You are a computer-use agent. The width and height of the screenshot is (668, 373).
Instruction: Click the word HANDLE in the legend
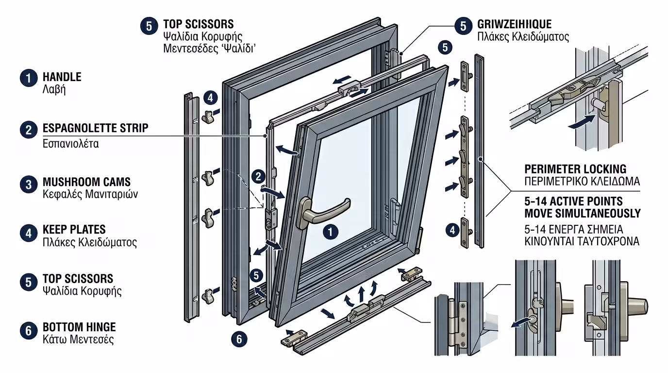(x=62, y=77)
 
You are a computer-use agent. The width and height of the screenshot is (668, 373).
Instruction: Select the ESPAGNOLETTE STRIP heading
(x=95, y=128)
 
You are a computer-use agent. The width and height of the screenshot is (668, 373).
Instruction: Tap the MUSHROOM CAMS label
(x=86, y=182)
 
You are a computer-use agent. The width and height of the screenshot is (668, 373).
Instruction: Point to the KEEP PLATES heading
(x=74, y=230)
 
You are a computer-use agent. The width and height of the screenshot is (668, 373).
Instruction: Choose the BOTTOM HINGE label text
(x=79, y=327)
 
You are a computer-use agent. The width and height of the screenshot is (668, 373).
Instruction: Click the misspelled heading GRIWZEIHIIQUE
(x=514, y=24)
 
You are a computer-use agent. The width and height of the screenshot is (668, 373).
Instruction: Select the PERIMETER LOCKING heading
(x=575, y=169)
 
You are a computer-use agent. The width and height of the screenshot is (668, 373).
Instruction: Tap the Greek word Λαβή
(x=54, y=90)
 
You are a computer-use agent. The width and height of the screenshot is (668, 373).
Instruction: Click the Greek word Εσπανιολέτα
(x=70, y=144)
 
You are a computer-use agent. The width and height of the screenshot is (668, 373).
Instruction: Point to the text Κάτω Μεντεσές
(x=78, y=339)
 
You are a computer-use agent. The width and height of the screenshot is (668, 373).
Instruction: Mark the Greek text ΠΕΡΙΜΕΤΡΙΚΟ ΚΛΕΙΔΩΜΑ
(x=582, y=182)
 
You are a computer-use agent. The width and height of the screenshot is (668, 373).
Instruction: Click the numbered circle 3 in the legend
(x=29, y=185)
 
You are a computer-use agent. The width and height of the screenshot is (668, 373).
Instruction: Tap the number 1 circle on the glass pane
(x=331, y=232)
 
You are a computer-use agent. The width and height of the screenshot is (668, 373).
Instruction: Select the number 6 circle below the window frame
(x=239, y=338)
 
